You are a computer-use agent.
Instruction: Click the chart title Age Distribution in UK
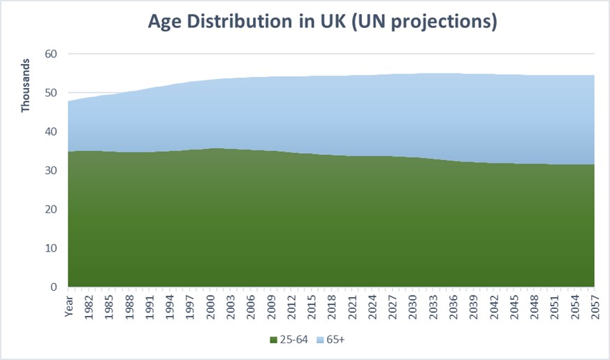pyautogui.click(x=322, y=22)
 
